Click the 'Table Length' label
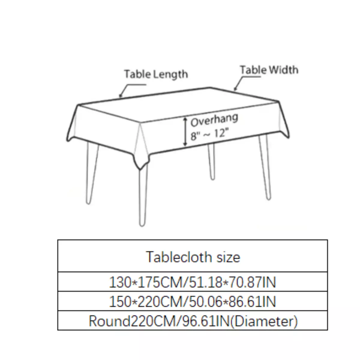156,74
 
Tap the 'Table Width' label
269,70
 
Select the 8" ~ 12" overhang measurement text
209,134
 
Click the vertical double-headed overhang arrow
185,132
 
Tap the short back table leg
211,162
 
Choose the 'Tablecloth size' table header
193,257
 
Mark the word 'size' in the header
228,257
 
